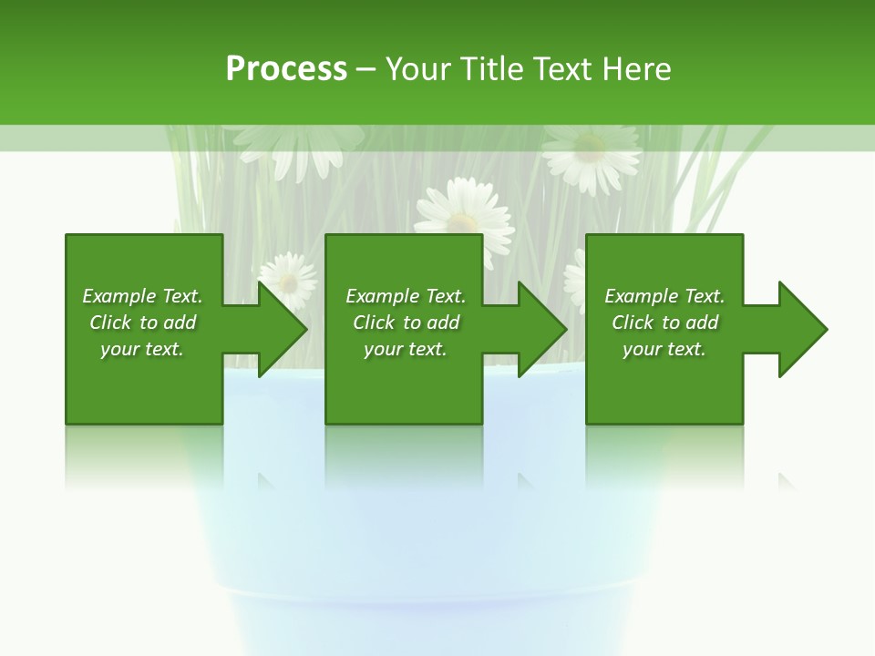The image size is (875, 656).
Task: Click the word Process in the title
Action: coord(286,69)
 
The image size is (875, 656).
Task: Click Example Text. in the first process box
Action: coord(142,296)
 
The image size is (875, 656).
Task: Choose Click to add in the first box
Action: coord(142,323)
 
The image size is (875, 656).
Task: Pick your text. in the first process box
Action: coord(142,349)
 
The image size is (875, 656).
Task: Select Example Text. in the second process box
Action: coord(406,296)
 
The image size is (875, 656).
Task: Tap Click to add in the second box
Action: coord(406,323)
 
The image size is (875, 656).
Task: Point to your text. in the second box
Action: coord(406,349)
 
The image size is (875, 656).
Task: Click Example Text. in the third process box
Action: coord(664,296)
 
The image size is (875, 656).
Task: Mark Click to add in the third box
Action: coord(664,323)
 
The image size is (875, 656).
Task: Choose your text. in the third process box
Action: coord(664,349)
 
